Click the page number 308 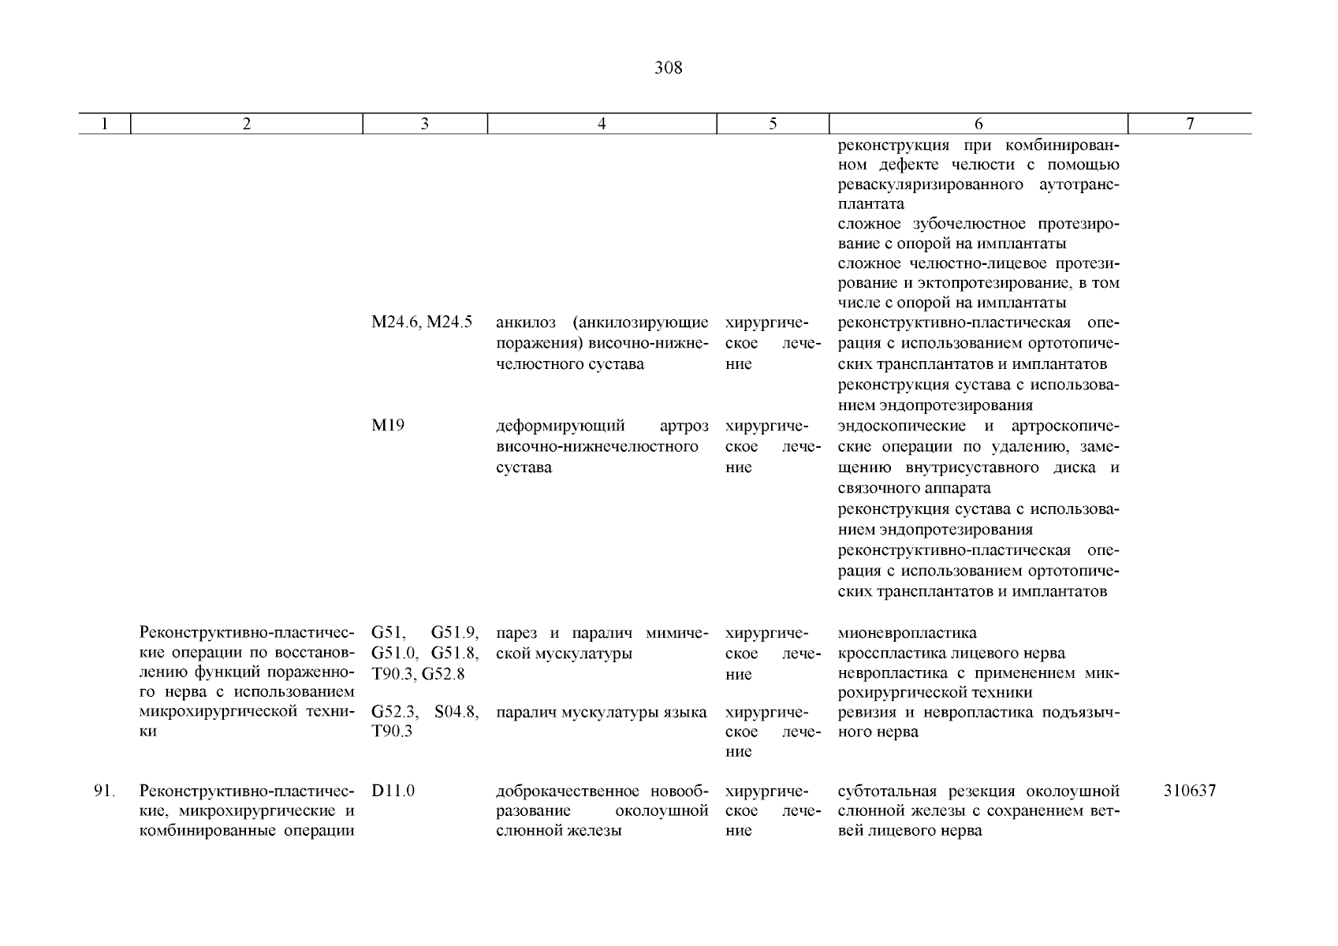(668, 69)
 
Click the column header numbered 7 (1190, 124)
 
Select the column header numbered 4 (602, 124)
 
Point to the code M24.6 (397, 323)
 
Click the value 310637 (1189, 791)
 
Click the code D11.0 (393, 791)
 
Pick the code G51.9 (455, 633)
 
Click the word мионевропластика (907, 633)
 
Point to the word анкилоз (525, 323)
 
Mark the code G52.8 (443, 674)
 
